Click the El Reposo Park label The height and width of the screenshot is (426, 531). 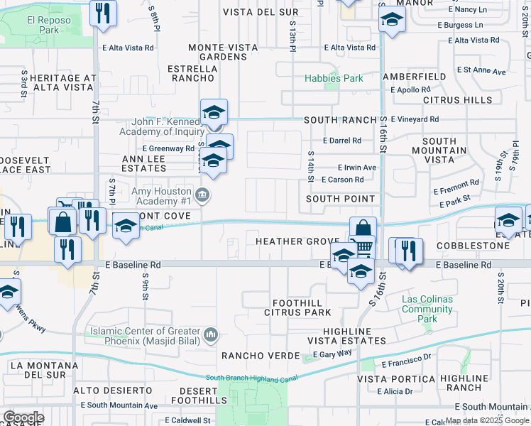click(49, 26)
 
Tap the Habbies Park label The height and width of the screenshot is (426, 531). click(334, 78)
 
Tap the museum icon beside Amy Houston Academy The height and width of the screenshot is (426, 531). click(202, 195)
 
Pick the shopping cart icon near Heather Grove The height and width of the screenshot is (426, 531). click(363, 247)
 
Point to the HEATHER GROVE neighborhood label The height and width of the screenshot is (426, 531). click(298, 242)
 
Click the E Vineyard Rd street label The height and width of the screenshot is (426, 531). click(415, 119)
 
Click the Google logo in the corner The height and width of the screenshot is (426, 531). click(23, 417)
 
